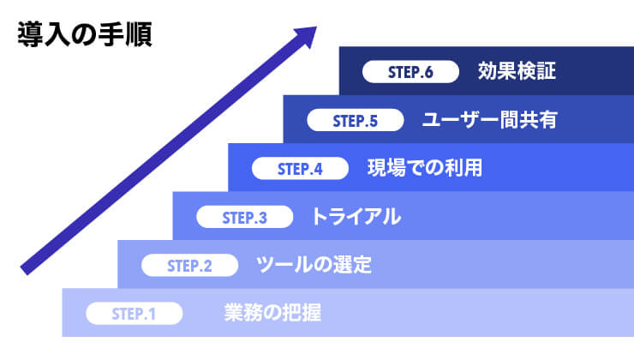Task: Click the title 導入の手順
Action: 85,35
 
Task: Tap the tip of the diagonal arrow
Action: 317,27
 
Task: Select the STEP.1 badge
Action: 135,314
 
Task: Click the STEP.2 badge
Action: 189,266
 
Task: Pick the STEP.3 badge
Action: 245,217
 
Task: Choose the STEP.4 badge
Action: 300,169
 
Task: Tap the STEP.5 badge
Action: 356,121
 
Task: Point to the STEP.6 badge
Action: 410,72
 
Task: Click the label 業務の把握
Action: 273,313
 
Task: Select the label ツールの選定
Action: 314,265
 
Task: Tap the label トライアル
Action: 356,216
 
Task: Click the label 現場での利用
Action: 425,168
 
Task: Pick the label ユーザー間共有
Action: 490,120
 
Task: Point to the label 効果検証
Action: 517,71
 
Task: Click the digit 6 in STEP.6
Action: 428,72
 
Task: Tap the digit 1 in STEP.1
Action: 152,314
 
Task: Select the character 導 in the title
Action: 31,35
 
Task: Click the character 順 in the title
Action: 139,35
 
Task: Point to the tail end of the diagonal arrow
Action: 23,272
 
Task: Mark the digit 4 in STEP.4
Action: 317,169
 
